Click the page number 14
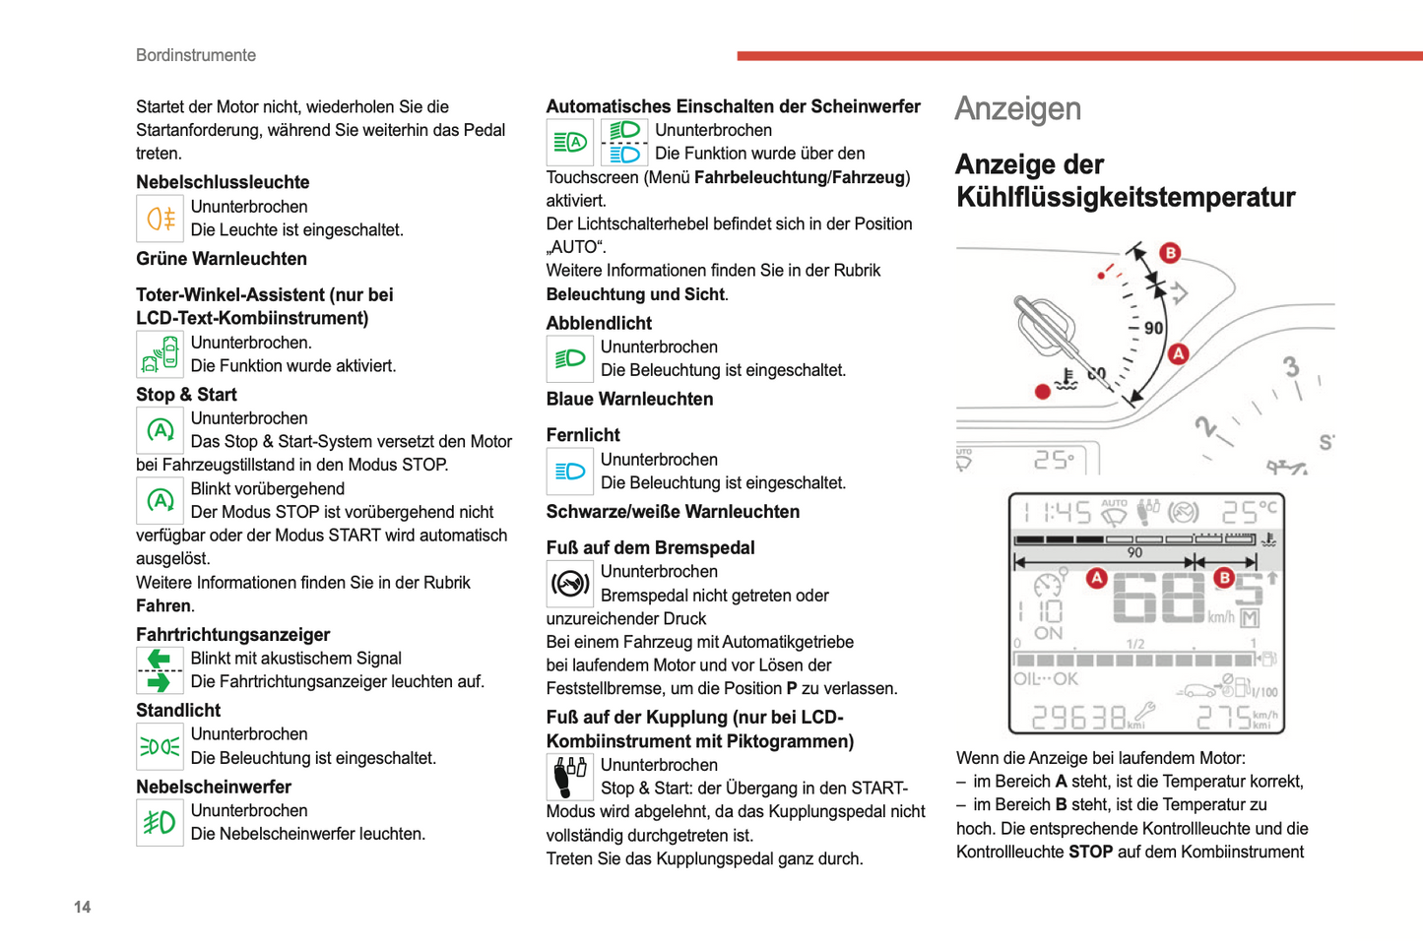point(82,907)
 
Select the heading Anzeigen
point(1017,109)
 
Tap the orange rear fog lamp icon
point(160,218)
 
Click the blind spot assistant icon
point(160,353)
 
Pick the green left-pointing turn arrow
point(159,659)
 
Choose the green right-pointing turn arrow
point(159,682)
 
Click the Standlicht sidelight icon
point(160,746)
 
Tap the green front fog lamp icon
point(160,822)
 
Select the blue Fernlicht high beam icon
point(569,472)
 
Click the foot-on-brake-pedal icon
point(569,584)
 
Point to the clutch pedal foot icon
point(569,776)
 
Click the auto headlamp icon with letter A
point(569,143)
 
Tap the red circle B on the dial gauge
point(1170,253)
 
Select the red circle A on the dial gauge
point(1178,354)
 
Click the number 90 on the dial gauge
point(1153,328)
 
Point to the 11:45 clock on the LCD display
point(1055,512)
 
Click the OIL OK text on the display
point(1045,679)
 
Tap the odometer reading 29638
point(1078,718)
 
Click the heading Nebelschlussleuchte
point(223,182)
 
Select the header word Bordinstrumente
point(196,56)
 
